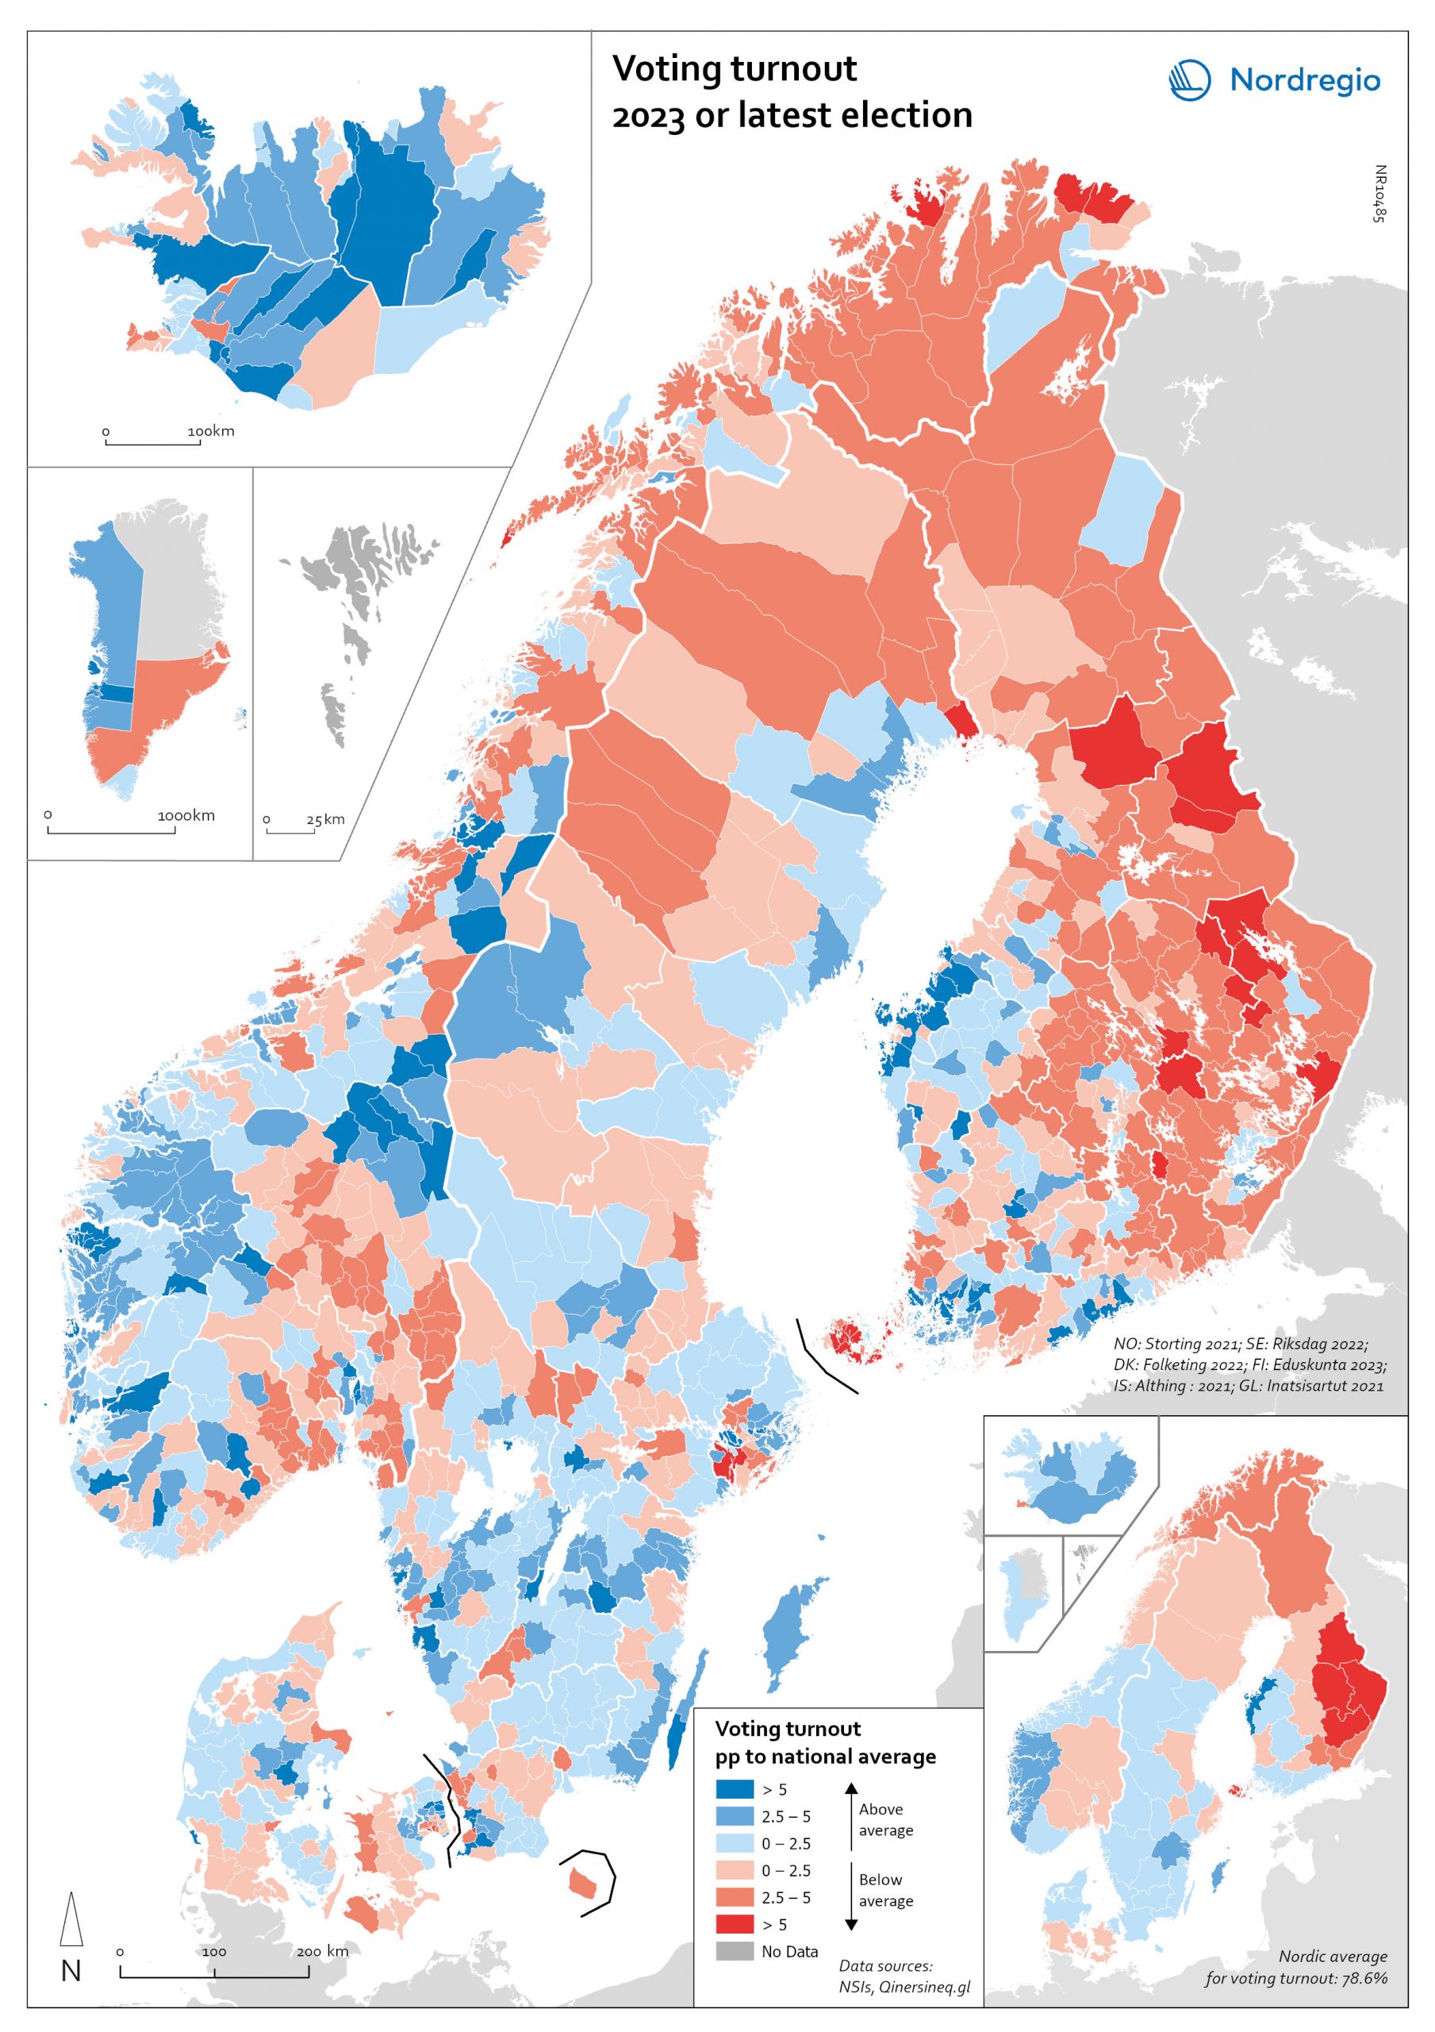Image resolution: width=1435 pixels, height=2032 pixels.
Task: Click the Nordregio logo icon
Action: (1189, 79)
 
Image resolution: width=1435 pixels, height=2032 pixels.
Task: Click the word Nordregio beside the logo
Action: (1304, 82)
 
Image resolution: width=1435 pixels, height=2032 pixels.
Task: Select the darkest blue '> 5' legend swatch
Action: (735, 1788)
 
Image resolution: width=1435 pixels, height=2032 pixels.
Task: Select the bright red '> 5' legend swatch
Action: (735, 1924)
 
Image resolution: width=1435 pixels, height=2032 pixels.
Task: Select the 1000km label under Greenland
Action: (186, 815)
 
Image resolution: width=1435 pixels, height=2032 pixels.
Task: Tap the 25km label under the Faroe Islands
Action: (325, 818)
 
